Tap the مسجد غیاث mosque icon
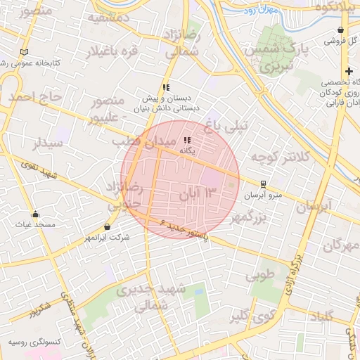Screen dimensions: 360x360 click(x=35, y=214)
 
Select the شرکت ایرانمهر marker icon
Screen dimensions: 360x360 click(x=107, y=227)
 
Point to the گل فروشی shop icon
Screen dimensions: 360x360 click(x=341, y=30)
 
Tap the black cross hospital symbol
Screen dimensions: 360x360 click(x=349, y=71)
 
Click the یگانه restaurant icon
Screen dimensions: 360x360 click(x=187, y=140)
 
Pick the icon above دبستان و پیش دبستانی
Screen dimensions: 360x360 click(x=166, y=88)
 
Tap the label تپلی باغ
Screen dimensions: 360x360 click(x=223, y=127)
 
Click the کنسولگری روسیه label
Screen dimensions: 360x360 click(x=34, y=342)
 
